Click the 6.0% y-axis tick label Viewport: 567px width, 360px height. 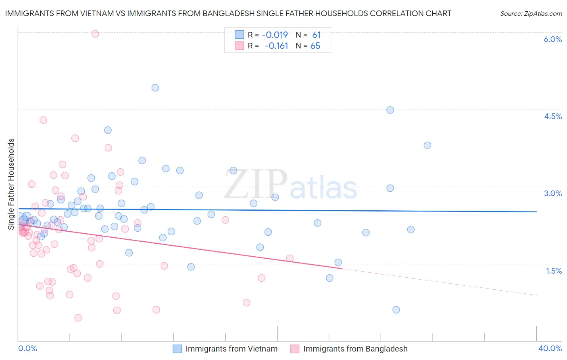point(552,39)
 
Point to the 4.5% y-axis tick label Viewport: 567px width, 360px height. point(552,116)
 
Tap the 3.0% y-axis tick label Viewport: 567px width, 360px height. point(552,193)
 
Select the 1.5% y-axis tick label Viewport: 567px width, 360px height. point(554,271)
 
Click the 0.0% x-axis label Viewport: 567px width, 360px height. point(27,348)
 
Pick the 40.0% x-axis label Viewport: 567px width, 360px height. point(550,348)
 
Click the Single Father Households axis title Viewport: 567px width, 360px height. point(11,184)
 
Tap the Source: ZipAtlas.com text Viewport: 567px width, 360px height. point(531,14)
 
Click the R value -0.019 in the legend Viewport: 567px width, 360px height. point(275,35)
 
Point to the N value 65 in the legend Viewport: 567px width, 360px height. point(315,46)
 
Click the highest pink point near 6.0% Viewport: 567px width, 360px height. point(95,34)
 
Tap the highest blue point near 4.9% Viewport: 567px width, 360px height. point(155,88)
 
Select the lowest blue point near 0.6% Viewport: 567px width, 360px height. point(396,310)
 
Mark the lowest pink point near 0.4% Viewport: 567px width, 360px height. point(78,318)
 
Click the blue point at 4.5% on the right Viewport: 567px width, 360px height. point(390,110)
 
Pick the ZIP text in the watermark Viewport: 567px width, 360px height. point(256,184)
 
